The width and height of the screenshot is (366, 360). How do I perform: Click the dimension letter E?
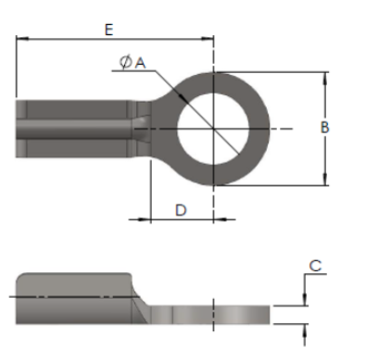coord(108,30)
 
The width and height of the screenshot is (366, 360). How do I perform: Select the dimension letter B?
coord(325,128)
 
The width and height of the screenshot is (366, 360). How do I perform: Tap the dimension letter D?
coord(182,210)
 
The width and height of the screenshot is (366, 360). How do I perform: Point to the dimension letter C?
coord(315,267)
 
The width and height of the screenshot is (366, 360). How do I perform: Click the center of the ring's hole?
coord(213,128)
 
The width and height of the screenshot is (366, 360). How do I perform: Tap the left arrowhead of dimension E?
coord(21,39)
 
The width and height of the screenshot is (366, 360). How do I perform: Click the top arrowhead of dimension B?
coord(325,78)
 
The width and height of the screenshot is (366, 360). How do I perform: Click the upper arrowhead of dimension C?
coord(305,299)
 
